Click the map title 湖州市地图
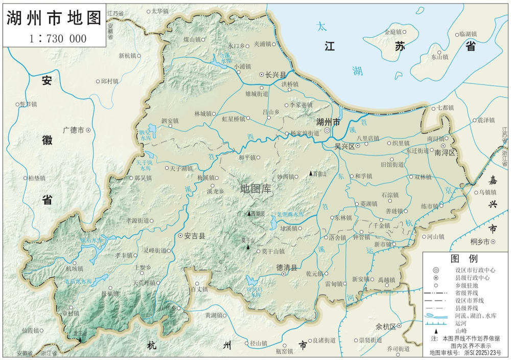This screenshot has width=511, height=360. point(53,18)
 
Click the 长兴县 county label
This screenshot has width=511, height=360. point(275,75)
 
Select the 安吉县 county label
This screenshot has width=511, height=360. point(194,236)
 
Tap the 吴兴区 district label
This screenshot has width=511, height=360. point(344,146)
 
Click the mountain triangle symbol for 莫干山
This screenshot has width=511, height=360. point(248,247)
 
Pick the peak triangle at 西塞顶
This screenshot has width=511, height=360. point(249,213)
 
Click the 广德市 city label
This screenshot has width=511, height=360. point(73,130)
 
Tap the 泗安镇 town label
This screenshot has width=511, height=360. point(170,121)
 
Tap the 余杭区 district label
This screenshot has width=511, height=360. point(386,326)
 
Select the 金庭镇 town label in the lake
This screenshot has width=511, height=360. point(393,32)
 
